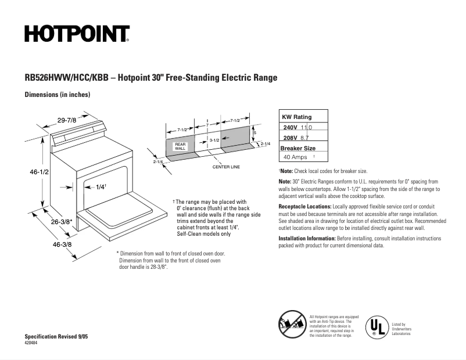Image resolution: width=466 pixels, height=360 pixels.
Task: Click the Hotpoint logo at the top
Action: pyautogui.click(x=76, y=34)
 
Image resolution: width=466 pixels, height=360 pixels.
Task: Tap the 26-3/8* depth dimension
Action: pyautogui.click(x=60, y=221)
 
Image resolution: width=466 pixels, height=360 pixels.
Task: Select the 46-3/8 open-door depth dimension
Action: pyautogui.click(x=62, y=244)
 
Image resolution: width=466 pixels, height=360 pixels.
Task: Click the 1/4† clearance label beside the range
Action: pyautogui.click(x=101, y=187)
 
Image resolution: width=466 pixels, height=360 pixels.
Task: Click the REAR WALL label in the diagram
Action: pyautogui.click(x=180, y=146)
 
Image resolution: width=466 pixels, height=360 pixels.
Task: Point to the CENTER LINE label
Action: pyautogui.click(x=226, y=167)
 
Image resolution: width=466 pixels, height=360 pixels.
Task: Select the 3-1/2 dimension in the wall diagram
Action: pyautogui.click(x=214, y=141)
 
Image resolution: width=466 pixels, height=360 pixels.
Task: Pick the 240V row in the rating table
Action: pyautogui.click(x=297, y=127)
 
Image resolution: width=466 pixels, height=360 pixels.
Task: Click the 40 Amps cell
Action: pyautogui.click(x=295, y=157)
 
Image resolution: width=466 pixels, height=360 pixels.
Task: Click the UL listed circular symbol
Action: pyautogui.click(x=376, y=326)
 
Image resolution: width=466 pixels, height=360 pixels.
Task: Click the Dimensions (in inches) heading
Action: pyautogui.click(x=57, y=95)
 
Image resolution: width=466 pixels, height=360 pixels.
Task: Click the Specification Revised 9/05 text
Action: pyautogui.click(x=56, y=337)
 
